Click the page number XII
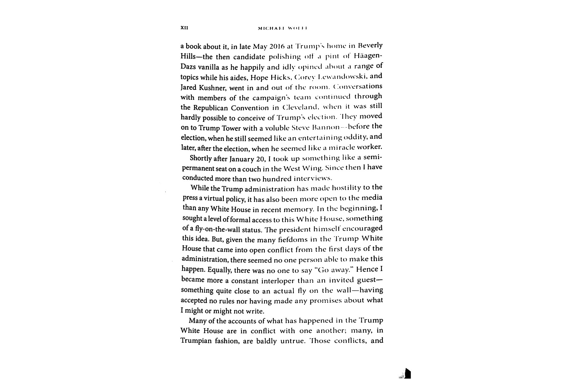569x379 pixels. (x=184, y=28)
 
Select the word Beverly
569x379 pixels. (x=368, y=45)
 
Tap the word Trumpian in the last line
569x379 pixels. (x=196, y=341)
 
